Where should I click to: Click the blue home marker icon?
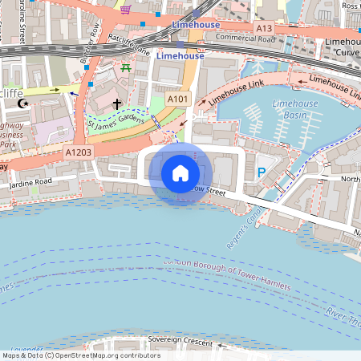coord(180,172)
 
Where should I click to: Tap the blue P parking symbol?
coord(261,172)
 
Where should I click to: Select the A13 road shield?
coord(263,29)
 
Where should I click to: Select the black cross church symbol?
coord(117,104)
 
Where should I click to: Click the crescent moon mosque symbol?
coord(23,103)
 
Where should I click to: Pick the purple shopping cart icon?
coord(126,10)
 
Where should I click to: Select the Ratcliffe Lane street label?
coord(131,46)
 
